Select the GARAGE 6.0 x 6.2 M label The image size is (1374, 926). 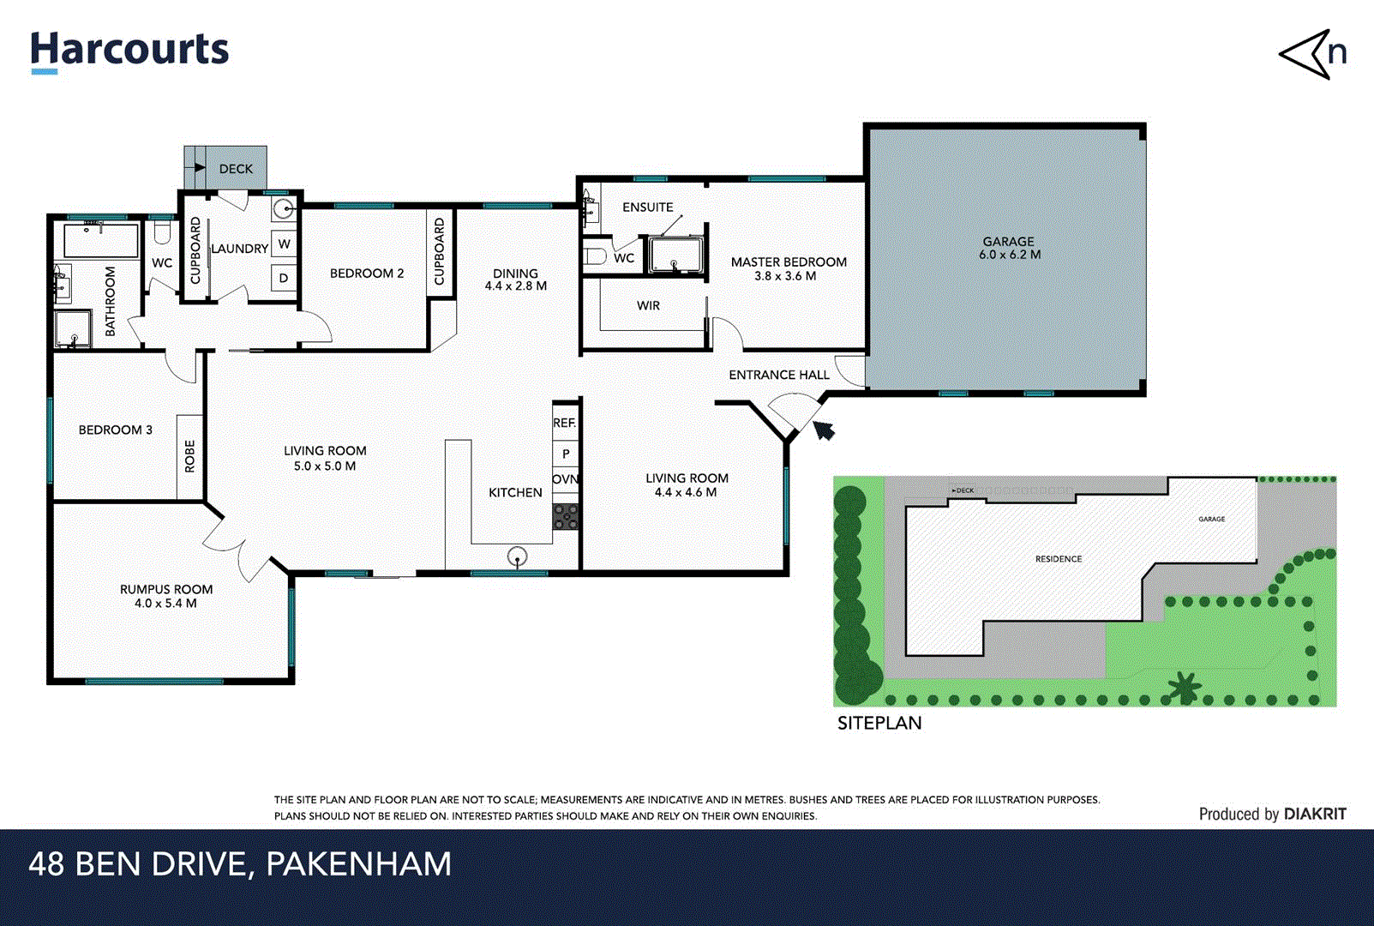[x=1009, y=248]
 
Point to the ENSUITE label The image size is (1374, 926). [x=647, y=207]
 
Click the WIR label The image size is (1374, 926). [x=648, y=305]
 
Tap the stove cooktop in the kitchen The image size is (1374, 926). [x=566, y=516]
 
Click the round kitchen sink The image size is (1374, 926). [x=517, y=557]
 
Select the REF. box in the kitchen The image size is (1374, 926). [x=565, y=423]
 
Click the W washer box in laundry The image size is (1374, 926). [x=284, y=244]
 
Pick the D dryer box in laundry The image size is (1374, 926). [x=284, y=278]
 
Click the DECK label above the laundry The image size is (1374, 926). [x=236, y=169]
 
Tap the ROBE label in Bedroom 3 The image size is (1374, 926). [x=189, y=456]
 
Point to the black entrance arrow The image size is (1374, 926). [x=824, y=430]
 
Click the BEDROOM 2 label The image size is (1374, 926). [x=366, y=274]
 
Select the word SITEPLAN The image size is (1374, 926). [x=879, y=723]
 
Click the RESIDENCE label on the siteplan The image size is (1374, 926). [x=1058, y=559]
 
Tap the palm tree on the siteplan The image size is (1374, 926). [x=1184, y=686]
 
